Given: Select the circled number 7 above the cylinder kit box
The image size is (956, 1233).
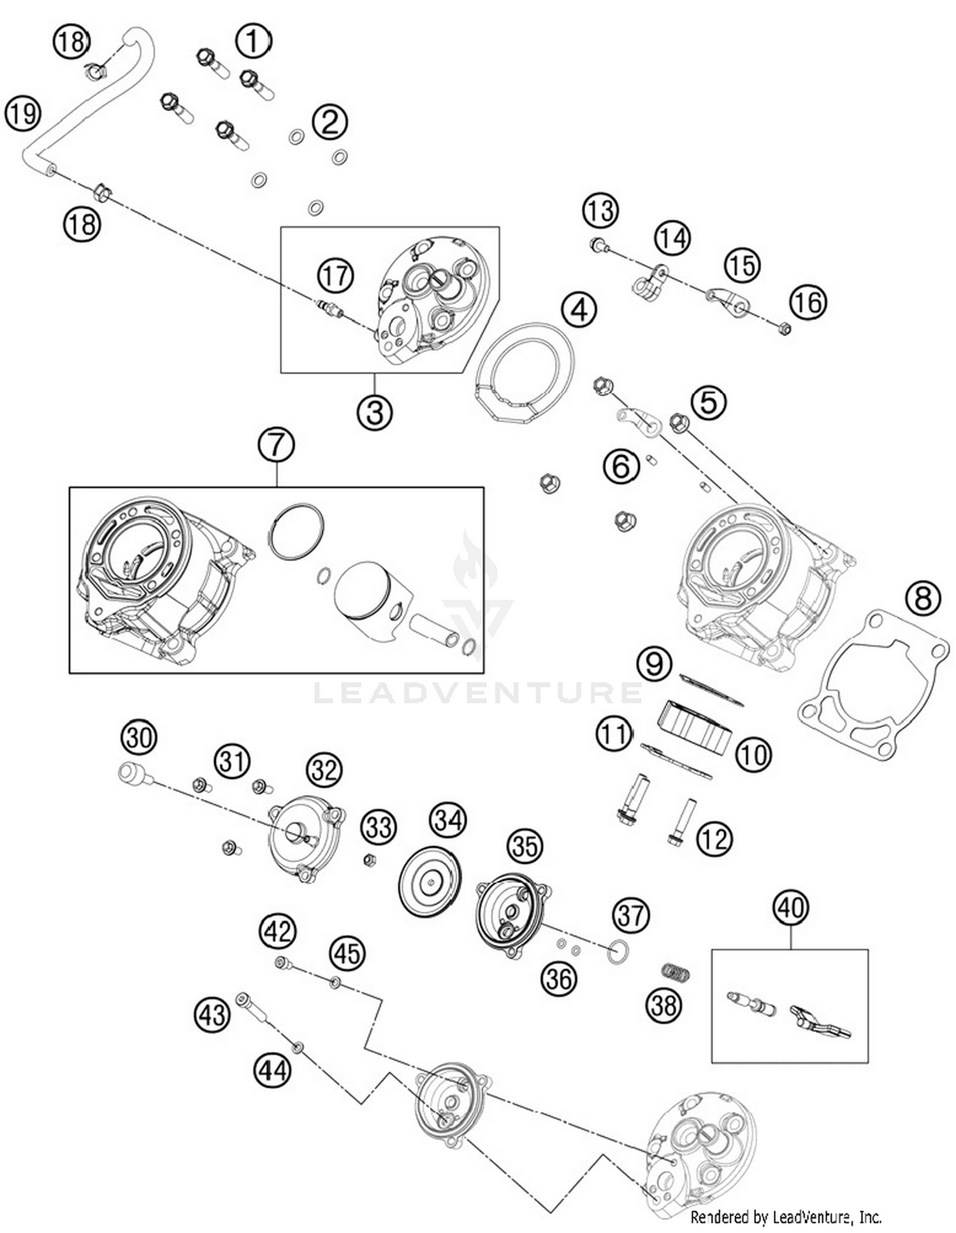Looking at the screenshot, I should [276, 444].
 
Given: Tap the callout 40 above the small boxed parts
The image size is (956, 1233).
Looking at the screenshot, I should [791, 907].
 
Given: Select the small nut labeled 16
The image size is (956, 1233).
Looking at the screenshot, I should [785, 328].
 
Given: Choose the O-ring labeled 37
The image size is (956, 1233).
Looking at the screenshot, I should [618, 952].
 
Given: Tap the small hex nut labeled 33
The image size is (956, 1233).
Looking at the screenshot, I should [368, 860].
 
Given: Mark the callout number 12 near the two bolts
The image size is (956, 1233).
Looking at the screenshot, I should [714, 839].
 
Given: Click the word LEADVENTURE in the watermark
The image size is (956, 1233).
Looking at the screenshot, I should [478, 692].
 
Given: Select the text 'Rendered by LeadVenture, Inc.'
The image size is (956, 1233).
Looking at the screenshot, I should [786, 1216].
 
